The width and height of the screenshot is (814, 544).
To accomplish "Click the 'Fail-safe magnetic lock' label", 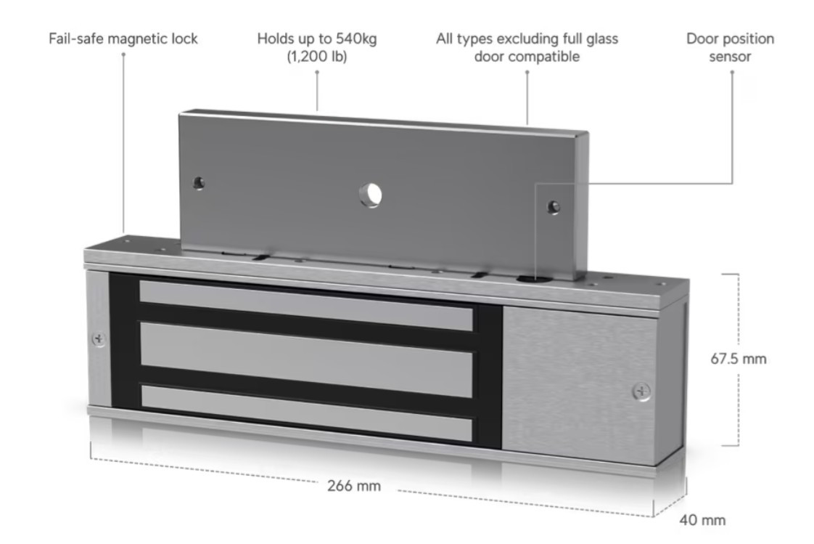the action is click(x=123, y=39).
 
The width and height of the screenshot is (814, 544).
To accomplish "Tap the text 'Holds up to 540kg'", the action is click(x=317, y=39).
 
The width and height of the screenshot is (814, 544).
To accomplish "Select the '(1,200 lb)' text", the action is click(x=317, y=56).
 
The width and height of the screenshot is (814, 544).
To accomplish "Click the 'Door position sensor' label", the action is click(x=730, y=47).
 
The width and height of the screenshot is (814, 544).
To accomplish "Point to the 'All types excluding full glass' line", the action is click(x=527, y=39).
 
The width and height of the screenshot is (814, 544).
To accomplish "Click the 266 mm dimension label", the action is click(x=354, y=486).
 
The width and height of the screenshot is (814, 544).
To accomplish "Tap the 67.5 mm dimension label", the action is click(x=739, y=359).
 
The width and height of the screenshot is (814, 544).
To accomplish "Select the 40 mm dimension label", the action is click(x=702, y=520).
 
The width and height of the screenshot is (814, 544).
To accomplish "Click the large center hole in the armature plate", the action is click(x=371, y=195).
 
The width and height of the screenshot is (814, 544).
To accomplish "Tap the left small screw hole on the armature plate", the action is click(x=198, y=183).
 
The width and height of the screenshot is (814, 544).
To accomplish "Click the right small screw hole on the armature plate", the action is click(x=554, y=207).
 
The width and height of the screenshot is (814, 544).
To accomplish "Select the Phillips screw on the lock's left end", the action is click(x=99, y=339).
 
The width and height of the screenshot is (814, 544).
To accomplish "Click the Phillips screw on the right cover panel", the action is click(x=641, y=391).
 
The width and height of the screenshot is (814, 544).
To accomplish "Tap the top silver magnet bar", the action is click(x=306, y=306).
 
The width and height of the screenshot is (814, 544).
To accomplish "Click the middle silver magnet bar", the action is click(x=306, y=360).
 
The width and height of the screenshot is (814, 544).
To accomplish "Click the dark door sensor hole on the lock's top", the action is click(x=530, y=278).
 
